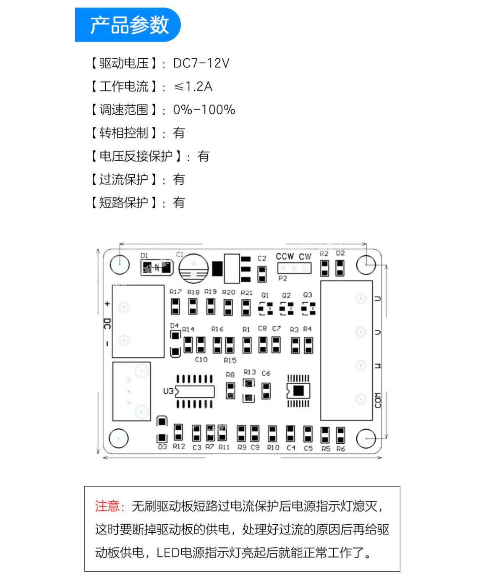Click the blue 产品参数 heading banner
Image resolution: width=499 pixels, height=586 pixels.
tap(128, 25)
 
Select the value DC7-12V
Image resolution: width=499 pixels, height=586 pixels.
tap(201, 63)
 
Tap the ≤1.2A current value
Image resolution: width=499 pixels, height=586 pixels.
tap(193, 86)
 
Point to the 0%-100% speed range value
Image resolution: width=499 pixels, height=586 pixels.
tap(204, 110)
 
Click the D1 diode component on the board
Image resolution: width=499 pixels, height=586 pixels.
tap(157, 267)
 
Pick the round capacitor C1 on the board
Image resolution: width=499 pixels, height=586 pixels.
tap(193, 268)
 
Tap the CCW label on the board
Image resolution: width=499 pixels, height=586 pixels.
tap(285, 256)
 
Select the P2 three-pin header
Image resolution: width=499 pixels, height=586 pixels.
tap(294, 268)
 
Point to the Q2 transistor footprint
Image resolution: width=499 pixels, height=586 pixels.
tap(286, 309)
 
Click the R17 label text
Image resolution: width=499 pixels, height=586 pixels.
tap(175, 291)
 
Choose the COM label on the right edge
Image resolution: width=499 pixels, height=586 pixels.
tap(378, 400)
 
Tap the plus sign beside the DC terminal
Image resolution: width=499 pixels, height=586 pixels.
tap(107, 303)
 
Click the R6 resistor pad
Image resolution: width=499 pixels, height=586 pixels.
tap(340, 435)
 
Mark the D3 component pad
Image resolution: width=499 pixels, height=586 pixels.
tap(162, 429)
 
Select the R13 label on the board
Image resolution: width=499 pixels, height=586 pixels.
tap(249, 371)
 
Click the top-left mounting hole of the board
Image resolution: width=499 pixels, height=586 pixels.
tap(120, 264)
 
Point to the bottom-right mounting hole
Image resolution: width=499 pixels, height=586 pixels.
tap(366, 439)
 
